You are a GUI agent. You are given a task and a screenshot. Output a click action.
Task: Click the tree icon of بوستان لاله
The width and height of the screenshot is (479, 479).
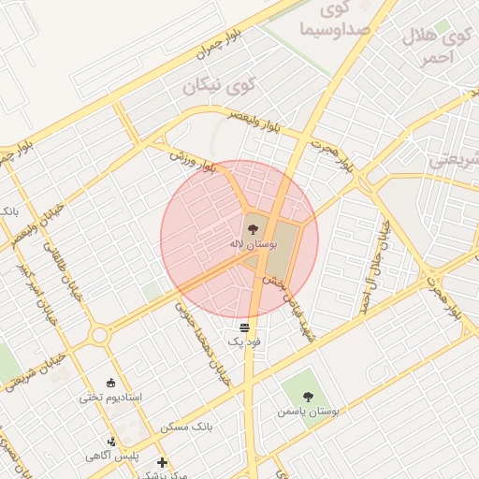pyautogui.click(x=253, y=227)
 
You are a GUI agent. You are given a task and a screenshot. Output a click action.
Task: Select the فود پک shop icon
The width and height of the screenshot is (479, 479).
pyautogui.click(x=244, y=327)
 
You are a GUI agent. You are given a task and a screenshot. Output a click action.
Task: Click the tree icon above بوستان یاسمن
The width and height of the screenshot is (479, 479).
pyautogui.click(x=309, y=395)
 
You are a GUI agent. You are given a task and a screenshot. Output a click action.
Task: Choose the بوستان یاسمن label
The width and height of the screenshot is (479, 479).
pyautogui.click(x=308, y=411)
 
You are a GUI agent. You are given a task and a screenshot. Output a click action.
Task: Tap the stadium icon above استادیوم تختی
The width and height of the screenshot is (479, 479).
pyautogui.click(x=111, y=382)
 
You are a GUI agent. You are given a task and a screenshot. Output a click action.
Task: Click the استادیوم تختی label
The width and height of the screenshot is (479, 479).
pyautogui.click(x=110, y=397)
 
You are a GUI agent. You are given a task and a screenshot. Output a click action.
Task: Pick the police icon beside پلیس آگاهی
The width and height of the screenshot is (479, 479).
pyautogui.click(x=111, y=441)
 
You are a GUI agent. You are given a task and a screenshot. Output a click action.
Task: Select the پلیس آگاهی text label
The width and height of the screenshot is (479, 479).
pyautogui.click(x=112, y=456)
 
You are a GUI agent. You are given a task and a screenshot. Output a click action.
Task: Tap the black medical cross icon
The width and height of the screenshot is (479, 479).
pyautogui.click(x=162, y=462)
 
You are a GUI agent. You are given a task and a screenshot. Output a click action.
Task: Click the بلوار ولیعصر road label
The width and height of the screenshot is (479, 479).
pyautogui.click(x=257, y=121)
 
